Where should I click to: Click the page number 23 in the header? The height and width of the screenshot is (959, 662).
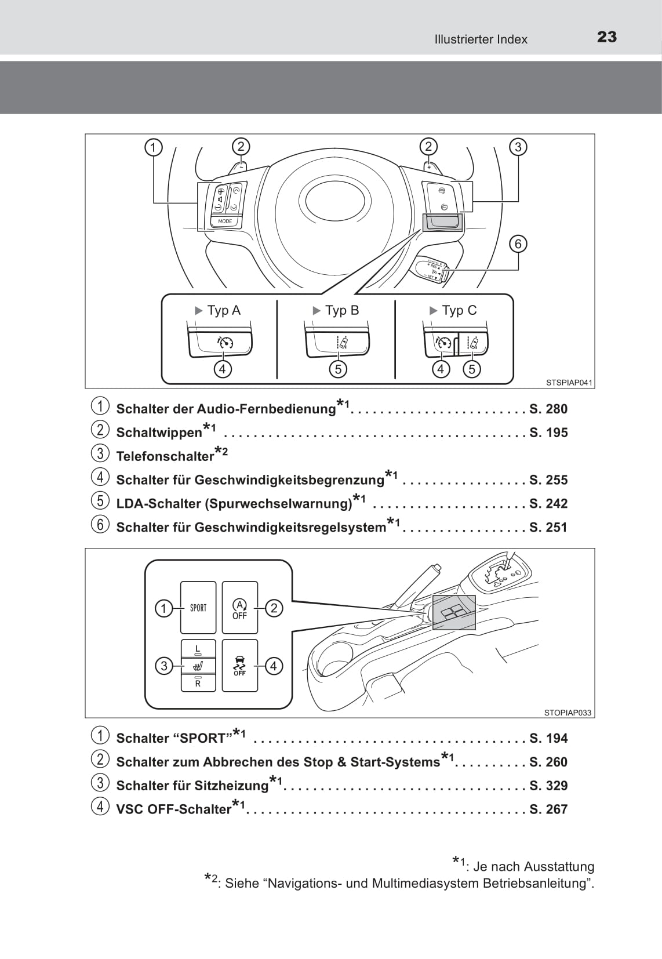[606, 37]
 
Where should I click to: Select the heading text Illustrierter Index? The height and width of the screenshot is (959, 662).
[481, 39]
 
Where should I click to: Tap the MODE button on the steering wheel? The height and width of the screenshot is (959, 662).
[225, 221]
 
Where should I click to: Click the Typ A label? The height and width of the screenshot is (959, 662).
[223, 311]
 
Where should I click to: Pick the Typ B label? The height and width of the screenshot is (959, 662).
[341, 311]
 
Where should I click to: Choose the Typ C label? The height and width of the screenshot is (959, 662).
[459, 311]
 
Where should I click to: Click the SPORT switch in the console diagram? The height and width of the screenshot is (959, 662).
[198, 607]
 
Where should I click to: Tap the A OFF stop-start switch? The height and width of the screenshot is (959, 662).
[239, 607]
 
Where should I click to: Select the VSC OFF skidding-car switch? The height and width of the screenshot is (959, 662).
[239, 665]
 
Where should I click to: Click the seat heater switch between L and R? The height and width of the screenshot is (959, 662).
[198, 664]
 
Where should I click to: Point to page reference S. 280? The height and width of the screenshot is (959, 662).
[548, 409]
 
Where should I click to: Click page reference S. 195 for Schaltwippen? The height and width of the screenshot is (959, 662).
[548, 433]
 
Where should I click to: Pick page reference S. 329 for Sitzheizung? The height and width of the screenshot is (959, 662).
[548, 786]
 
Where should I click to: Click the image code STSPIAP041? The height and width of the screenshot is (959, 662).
[569, 383]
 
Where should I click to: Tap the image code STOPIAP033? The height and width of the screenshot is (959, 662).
[568, 713]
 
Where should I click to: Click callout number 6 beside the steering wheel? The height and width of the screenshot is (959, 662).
[518, 244]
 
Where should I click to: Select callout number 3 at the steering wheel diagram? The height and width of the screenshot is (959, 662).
[518, 147]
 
